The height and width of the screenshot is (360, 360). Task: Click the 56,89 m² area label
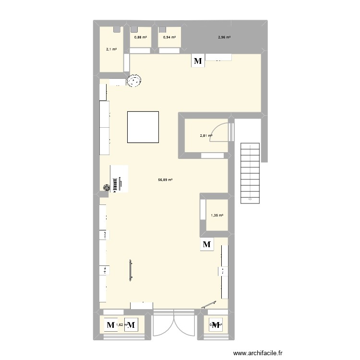165,180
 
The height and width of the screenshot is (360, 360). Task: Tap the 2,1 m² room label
111,48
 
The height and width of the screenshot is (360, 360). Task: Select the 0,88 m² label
141,37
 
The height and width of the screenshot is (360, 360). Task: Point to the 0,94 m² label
169,37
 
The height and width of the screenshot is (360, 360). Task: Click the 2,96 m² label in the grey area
224,37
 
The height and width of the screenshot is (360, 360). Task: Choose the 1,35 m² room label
217,216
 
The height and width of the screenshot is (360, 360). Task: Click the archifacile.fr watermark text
263,354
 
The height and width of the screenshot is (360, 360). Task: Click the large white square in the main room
143,127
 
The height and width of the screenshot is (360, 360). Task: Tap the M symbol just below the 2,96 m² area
198,61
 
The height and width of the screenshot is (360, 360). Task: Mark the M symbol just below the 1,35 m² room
207,245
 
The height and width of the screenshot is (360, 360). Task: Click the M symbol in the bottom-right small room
217,325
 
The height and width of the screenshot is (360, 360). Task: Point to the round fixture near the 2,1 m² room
135,81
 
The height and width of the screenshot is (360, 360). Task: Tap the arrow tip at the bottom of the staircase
250,198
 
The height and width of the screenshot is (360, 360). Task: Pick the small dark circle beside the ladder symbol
107,188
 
